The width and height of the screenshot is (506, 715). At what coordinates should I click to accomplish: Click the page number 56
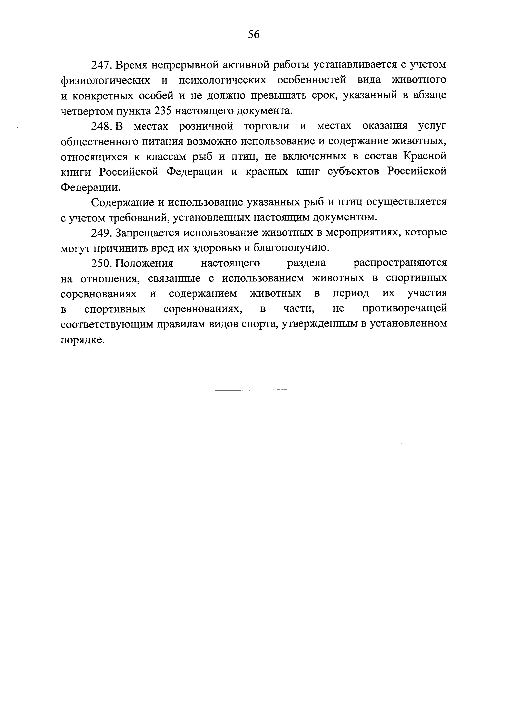tap(254, 34)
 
